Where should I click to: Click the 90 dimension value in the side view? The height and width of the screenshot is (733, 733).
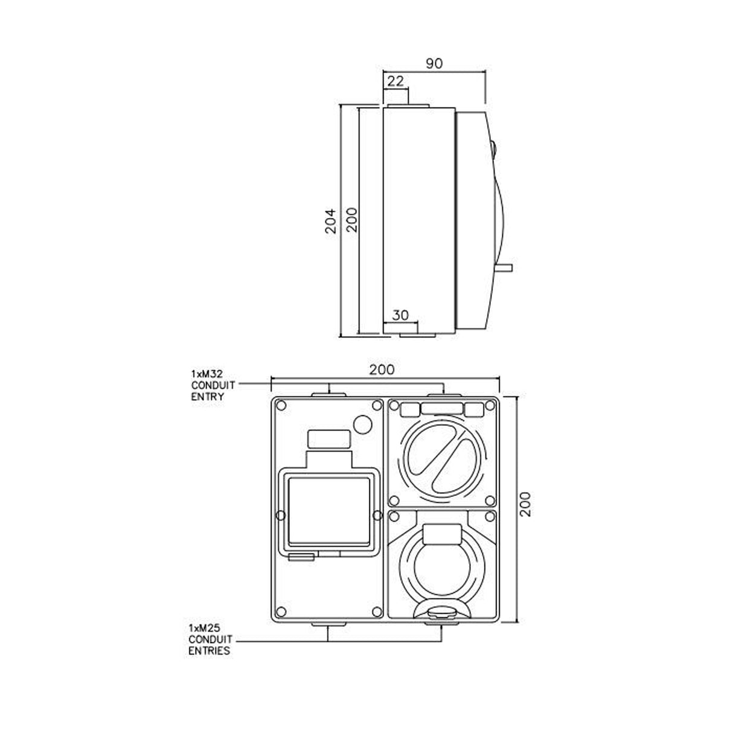(434, 63)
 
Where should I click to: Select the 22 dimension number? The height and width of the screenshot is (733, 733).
(395, 81)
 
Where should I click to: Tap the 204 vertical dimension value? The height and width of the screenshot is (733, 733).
(330, 220)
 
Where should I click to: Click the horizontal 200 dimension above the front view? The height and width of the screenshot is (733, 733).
(382, 370)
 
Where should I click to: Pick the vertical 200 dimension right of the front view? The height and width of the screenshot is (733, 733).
(525, 504)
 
